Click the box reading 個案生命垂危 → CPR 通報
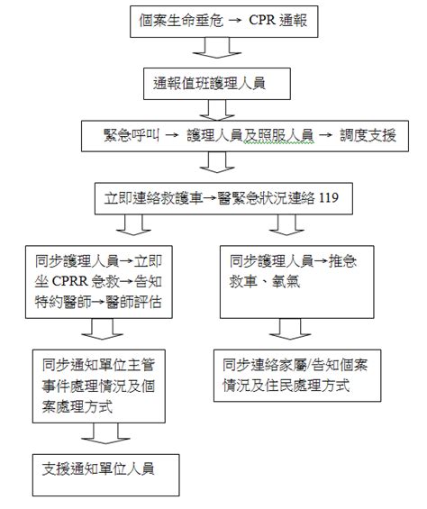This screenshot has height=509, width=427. point(223,22)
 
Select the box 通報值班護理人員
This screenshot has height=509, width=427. point(217,84)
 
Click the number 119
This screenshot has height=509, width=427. point(329,197)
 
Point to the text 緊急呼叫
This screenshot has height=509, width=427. point(132,135)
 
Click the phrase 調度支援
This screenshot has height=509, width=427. point(368,135)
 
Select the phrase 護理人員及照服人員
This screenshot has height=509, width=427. point(250,135)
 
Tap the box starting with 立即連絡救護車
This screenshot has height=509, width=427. point(223,198)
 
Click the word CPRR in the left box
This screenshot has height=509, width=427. point(69,281)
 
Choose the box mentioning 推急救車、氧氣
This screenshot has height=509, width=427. point(296,282)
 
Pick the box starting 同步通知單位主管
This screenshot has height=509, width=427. point(99,386)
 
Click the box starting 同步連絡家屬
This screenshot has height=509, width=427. point(297,376)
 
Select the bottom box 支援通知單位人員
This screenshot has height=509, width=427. point(106,475)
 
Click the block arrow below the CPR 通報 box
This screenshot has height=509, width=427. point(217,48)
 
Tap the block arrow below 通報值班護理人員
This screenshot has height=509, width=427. point(217,110)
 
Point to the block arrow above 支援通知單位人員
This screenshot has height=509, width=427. point(105,433)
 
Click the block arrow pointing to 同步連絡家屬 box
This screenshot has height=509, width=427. point(290,329)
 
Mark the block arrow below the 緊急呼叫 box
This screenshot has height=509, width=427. point(217,162)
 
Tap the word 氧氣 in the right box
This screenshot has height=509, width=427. point(286,281)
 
